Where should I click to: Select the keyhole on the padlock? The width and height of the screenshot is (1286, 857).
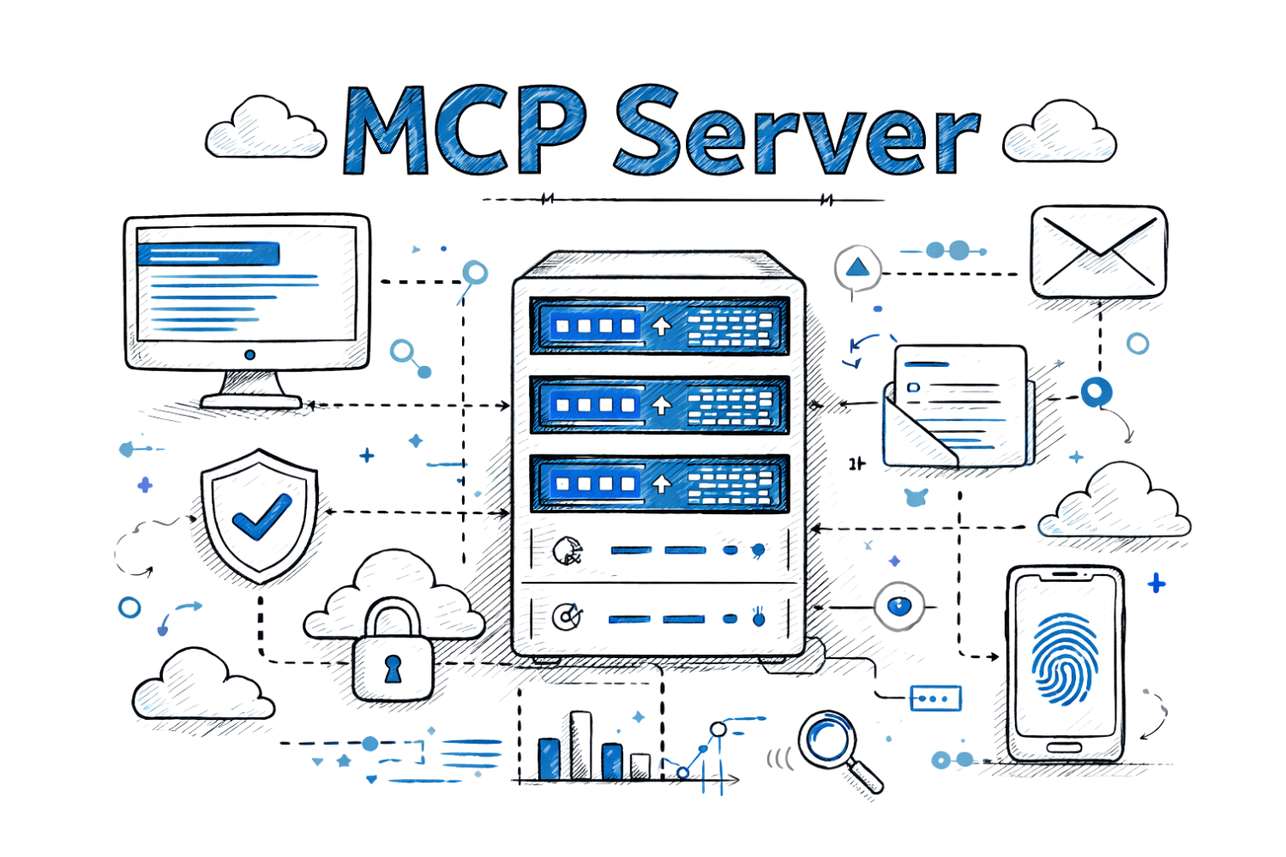click(393, 667)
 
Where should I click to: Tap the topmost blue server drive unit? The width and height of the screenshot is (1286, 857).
click(658, 326)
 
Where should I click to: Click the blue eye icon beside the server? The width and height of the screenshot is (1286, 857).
click(898, 606)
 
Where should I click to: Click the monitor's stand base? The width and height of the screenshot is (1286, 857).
click(250, 398)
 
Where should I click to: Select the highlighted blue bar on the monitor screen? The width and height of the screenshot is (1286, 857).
click(209, 253)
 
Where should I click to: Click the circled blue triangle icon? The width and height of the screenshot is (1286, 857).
click(856, 269)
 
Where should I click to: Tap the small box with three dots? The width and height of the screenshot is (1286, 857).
click(935, 698)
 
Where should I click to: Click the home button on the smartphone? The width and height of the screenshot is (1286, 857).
click(1064, 748)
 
